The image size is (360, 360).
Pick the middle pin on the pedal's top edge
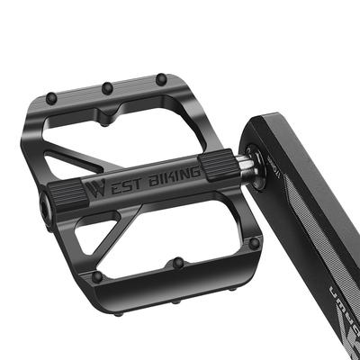tap(107, 87)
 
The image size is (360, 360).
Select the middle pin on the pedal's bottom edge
tap(178, 262)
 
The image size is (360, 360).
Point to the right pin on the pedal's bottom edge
tap(255, 243)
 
